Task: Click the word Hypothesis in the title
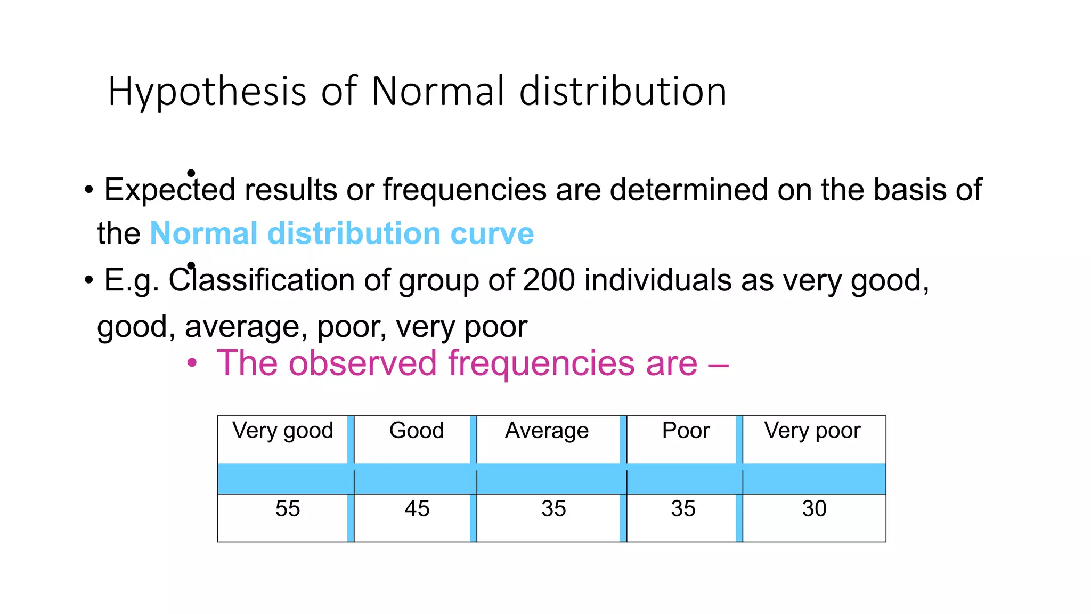(x=207, y=92)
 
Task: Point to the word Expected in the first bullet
(x=169, y=190)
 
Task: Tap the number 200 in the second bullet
(x=549, y=280)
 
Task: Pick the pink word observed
(x=362, y=363)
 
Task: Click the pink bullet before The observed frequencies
(x=192, y=363)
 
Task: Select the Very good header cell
(x=282, y=431)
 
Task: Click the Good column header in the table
(x=417, y=431)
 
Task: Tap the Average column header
(x=547, y=431)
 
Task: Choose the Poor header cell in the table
(x=686, y=431)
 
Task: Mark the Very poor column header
(x=812, y=431)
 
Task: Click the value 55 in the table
(x=288, y=508)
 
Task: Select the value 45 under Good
(x=417, y=508)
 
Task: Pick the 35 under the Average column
(x=553, y=508)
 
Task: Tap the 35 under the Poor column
(x=683, y=508)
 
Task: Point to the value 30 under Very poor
(x=814, y=508)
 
